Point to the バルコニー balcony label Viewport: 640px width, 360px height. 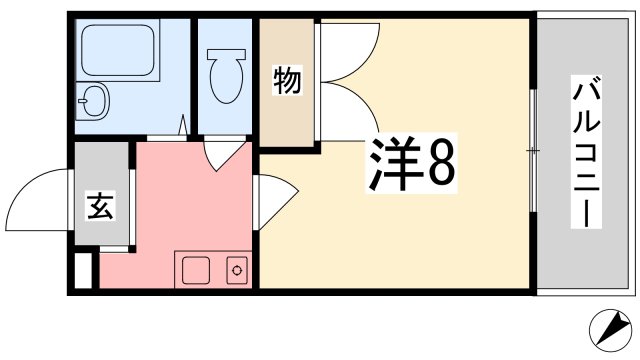(585, 150)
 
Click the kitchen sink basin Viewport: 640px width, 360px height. (194, 269)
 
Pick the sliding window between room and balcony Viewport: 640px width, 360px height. (532, 150)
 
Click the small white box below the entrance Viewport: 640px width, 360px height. (84, 270)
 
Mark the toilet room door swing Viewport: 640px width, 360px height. (225, 152)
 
